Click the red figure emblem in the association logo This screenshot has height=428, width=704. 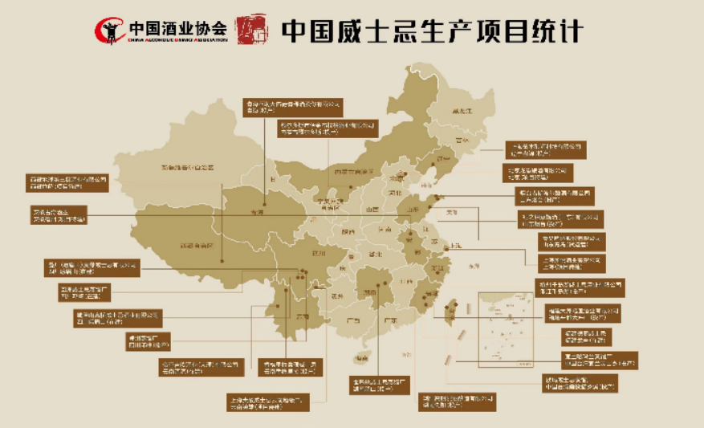[109, 31]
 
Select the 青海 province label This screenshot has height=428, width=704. [256, 214]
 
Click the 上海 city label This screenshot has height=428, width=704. [454, 245]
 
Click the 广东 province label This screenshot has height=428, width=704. [391, 319]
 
